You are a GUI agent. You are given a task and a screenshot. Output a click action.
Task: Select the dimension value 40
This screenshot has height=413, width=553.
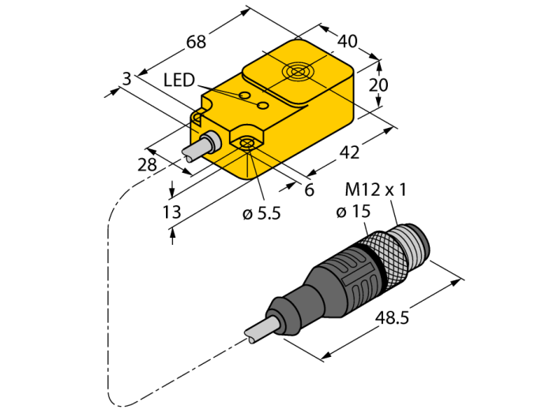(x=347, y=40)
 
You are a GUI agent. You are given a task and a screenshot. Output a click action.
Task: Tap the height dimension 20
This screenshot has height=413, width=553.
(x=380, y=85)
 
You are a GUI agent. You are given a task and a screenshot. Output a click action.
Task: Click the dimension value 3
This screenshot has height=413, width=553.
(x=126, y=77)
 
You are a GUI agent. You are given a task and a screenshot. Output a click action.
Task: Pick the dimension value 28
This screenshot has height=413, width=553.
(x=148, y=164)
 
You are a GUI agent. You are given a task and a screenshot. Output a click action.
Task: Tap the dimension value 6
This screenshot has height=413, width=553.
(x=309, y=190)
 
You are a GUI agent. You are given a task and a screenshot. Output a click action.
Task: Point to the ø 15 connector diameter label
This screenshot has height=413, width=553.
(x=353, y=212)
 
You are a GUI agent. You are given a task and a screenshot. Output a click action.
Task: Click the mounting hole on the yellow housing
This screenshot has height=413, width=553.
(x=246, y=144)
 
